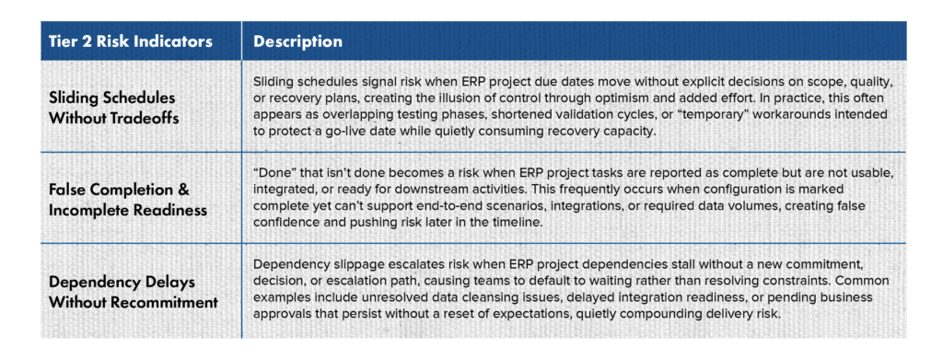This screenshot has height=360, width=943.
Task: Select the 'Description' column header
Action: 297,42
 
